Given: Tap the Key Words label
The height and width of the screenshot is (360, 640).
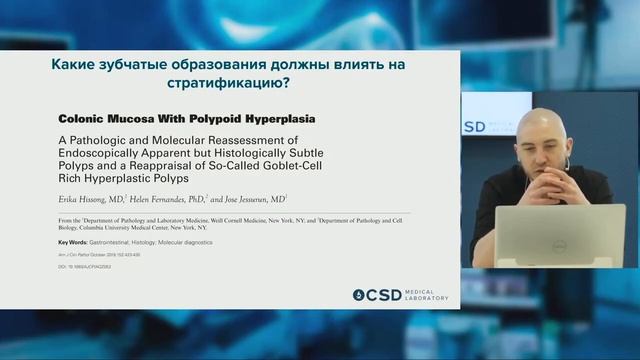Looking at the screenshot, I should (72, 243).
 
